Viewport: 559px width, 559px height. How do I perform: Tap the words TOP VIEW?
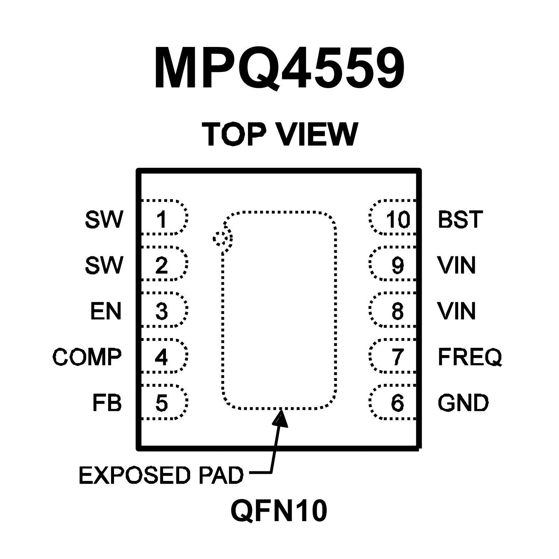point(280,134)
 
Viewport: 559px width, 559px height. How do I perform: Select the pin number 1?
point(161,219)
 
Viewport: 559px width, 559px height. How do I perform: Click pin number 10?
point(398,219)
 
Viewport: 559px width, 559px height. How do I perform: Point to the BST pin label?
point(460,219)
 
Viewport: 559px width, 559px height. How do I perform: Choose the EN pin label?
point(106,311)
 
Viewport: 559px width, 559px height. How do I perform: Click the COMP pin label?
point(87,357)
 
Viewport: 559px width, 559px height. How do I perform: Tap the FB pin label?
point(107,403)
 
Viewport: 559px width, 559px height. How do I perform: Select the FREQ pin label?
point(470,357)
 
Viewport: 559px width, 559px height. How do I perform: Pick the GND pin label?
point(463,403)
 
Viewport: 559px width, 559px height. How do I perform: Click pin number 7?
point(398,357)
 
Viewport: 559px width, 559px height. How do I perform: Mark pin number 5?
point(161,403)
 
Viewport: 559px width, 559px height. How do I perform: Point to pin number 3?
point(161,311)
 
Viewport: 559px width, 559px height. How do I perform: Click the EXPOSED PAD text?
point(161,475)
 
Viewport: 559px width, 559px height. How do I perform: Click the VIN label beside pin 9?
point(457,265)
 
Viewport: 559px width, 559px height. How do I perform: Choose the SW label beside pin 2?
point(104,265)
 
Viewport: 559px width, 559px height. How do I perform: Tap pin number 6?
point(398,403)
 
